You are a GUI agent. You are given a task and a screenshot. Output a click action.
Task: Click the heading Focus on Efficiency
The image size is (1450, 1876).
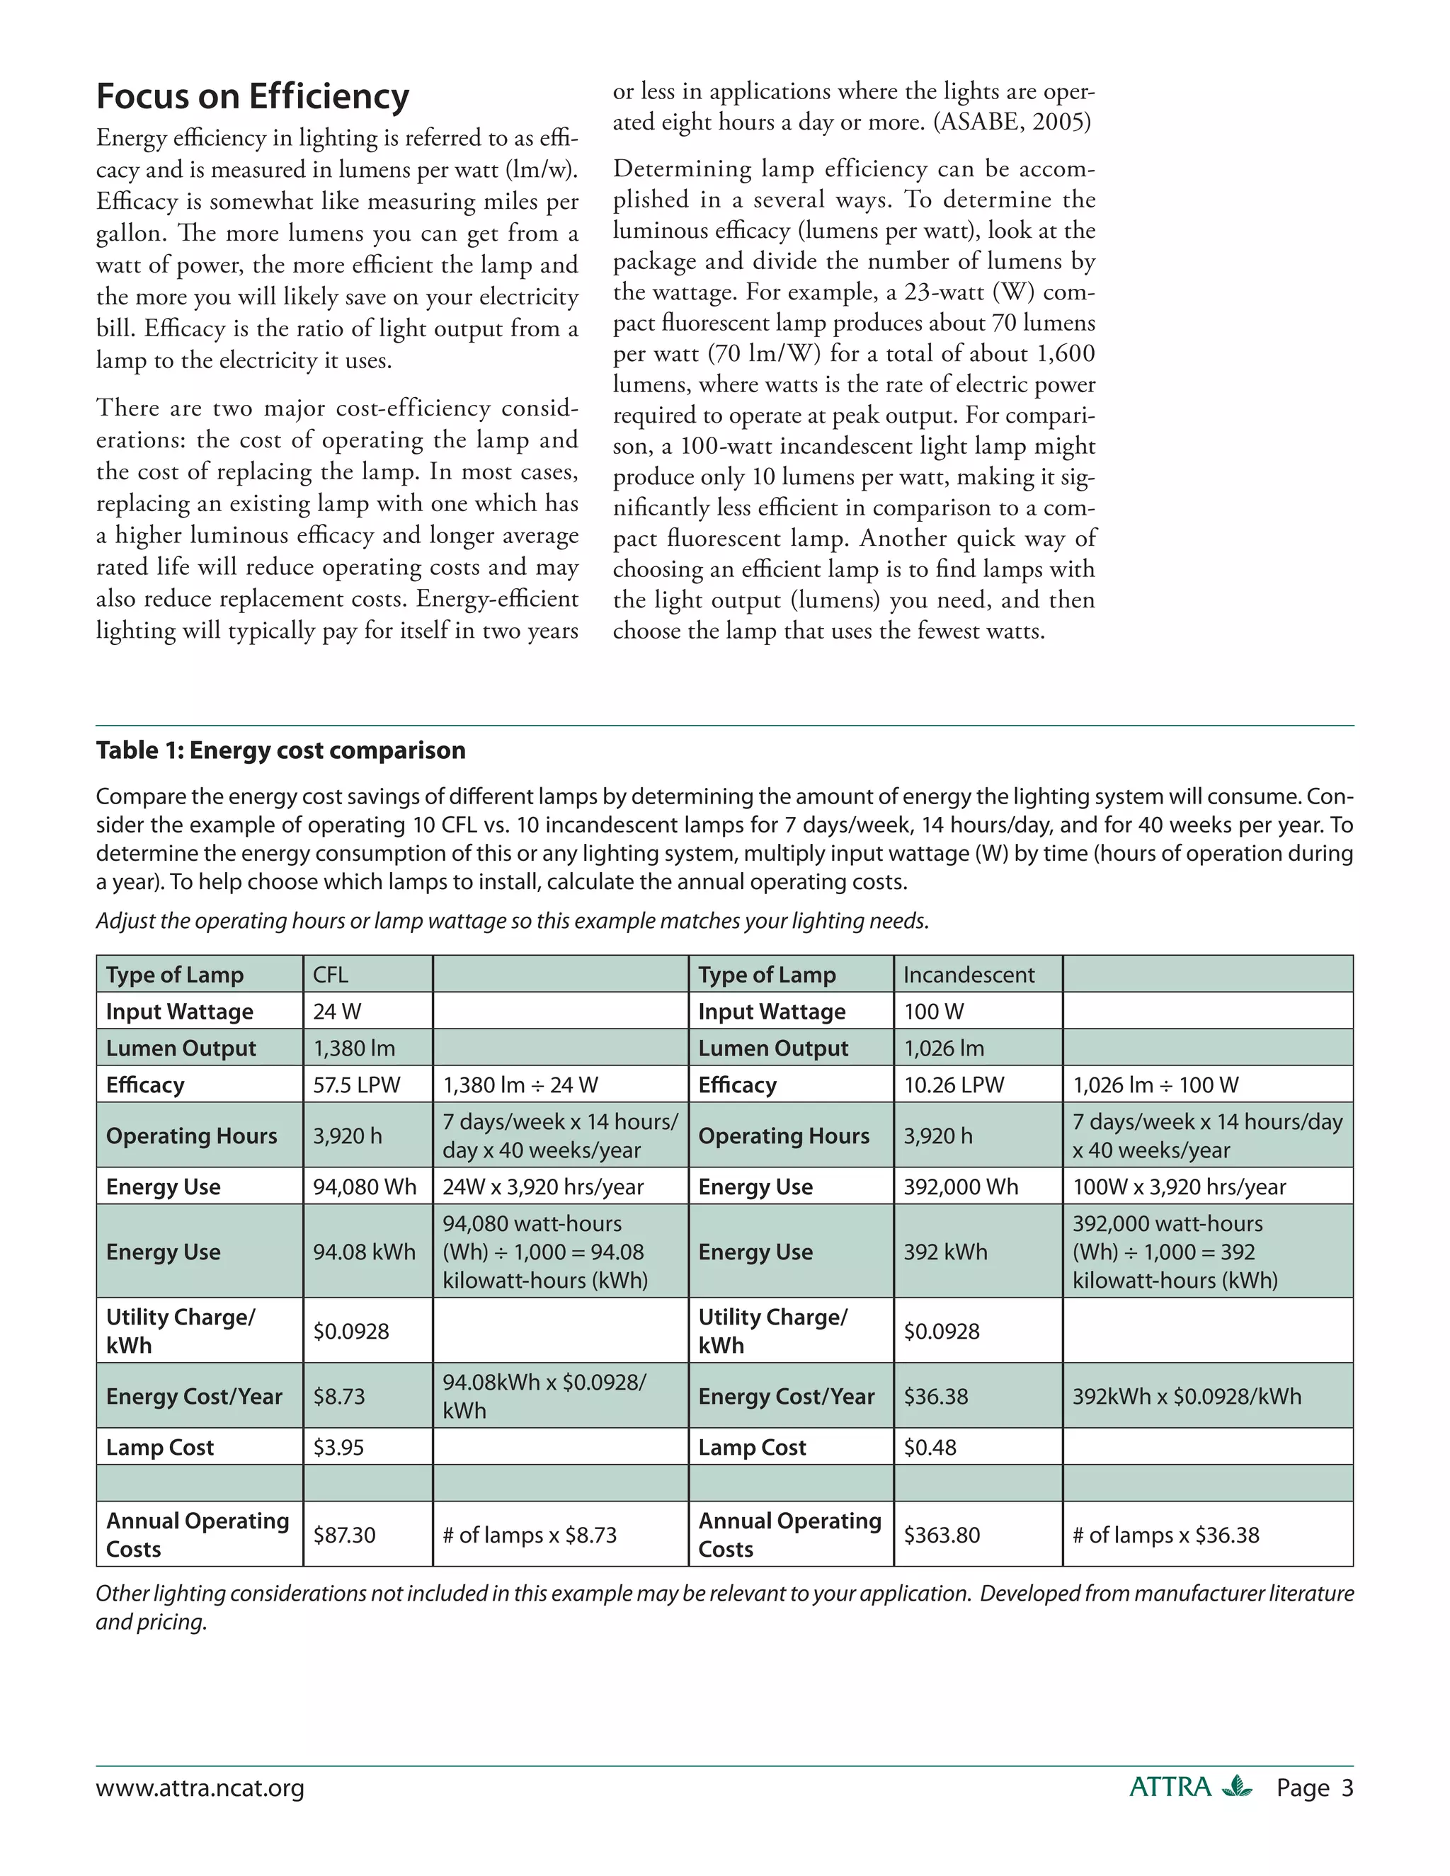tap(253, 96)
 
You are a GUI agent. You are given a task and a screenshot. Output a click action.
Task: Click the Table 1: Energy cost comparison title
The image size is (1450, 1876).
tap(281, 750)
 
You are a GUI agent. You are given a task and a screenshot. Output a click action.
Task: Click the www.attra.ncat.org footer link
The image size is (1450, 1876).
tap(200, 1788)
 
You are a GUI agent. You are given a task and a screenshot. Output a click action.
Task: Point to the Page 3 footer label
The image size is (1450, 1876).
tap(1314, 1788)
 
